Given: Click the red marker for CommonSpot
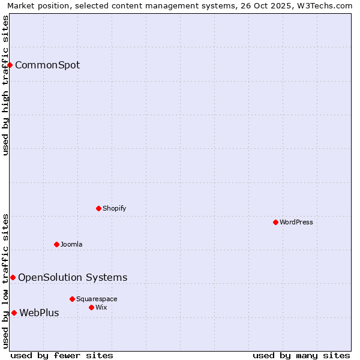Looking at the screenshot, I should coord(10,65).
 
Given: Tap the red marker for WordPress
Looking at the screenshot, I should coord(275,222).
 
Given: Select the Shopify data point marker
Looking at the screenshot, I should coord(98,208).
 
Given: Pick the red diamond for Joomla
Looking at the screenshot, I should coord(56,244).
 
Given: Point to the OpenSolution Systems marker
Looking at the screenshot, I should coord(13,277).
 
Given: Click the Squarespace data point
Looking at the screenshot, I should coord(72,299).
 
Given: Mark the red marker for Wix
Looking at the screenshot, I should coord(91,307).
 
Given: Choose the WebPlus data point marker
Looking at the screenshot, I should coord(14,313).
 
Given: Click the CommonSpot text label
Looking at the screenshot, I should coord(47,65).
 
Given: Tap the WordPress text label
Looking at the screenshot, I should coord(296,222).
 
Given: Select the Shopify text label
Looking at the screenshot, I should coord(114,208).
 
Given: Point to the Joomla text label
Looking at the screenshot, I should coord(71,244).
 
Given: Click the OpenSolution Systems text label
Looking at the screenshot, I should coord(73,277).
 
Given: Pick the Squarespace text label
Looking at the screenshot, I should coord(97,299).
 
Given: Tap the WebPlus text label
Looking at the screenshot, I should coord(39,313).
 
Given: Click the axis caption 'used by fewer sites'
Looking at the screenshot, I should coord(62,355).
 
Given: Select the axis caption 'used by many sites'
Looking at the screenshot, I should coord(301,355).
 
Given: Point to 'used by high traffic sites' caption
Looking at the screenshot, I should coord(6,85).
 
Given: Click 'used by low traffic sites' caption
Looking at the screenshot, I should coord(6,281).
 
